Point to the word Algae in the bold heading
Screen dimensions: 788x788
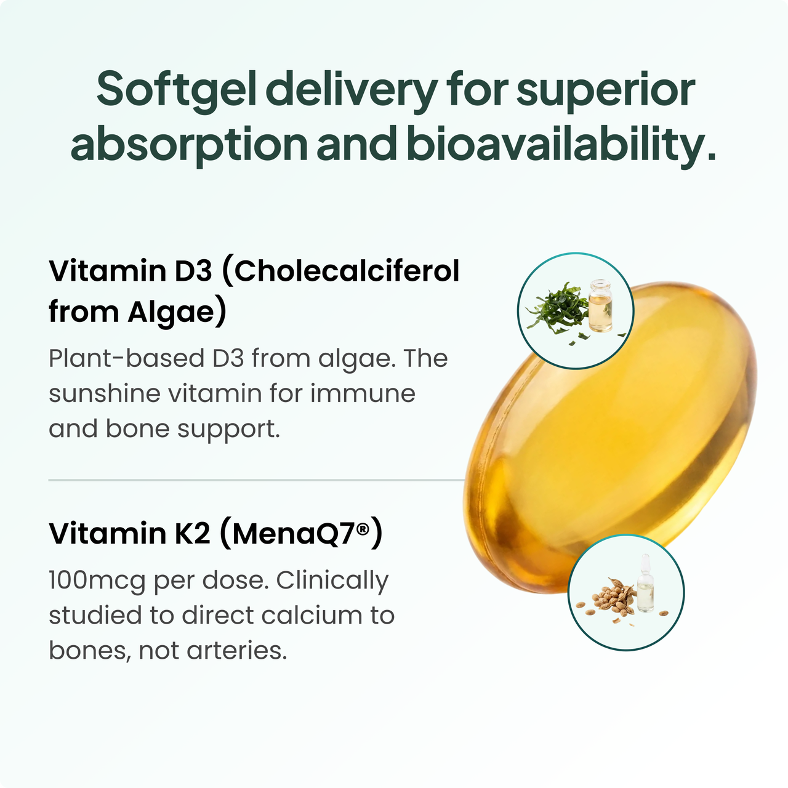(x=171, y=313)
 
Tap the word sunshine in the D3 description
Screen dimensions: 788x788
(x=104, y=393)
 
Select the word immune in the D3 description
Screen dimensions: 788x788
(x=363, y=394)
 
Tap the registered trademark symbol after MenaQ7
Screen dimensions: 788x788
(x=363, y=529)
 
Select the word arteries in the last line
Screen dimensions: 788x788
(x=237, y=651)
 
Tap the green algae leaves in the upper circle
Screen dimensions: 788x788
(x=558, y=307)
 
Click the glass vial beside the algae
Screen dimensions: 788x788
(x=600, y=305)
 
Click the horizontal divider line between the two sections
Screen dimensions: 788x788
(x=256, y=480)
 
